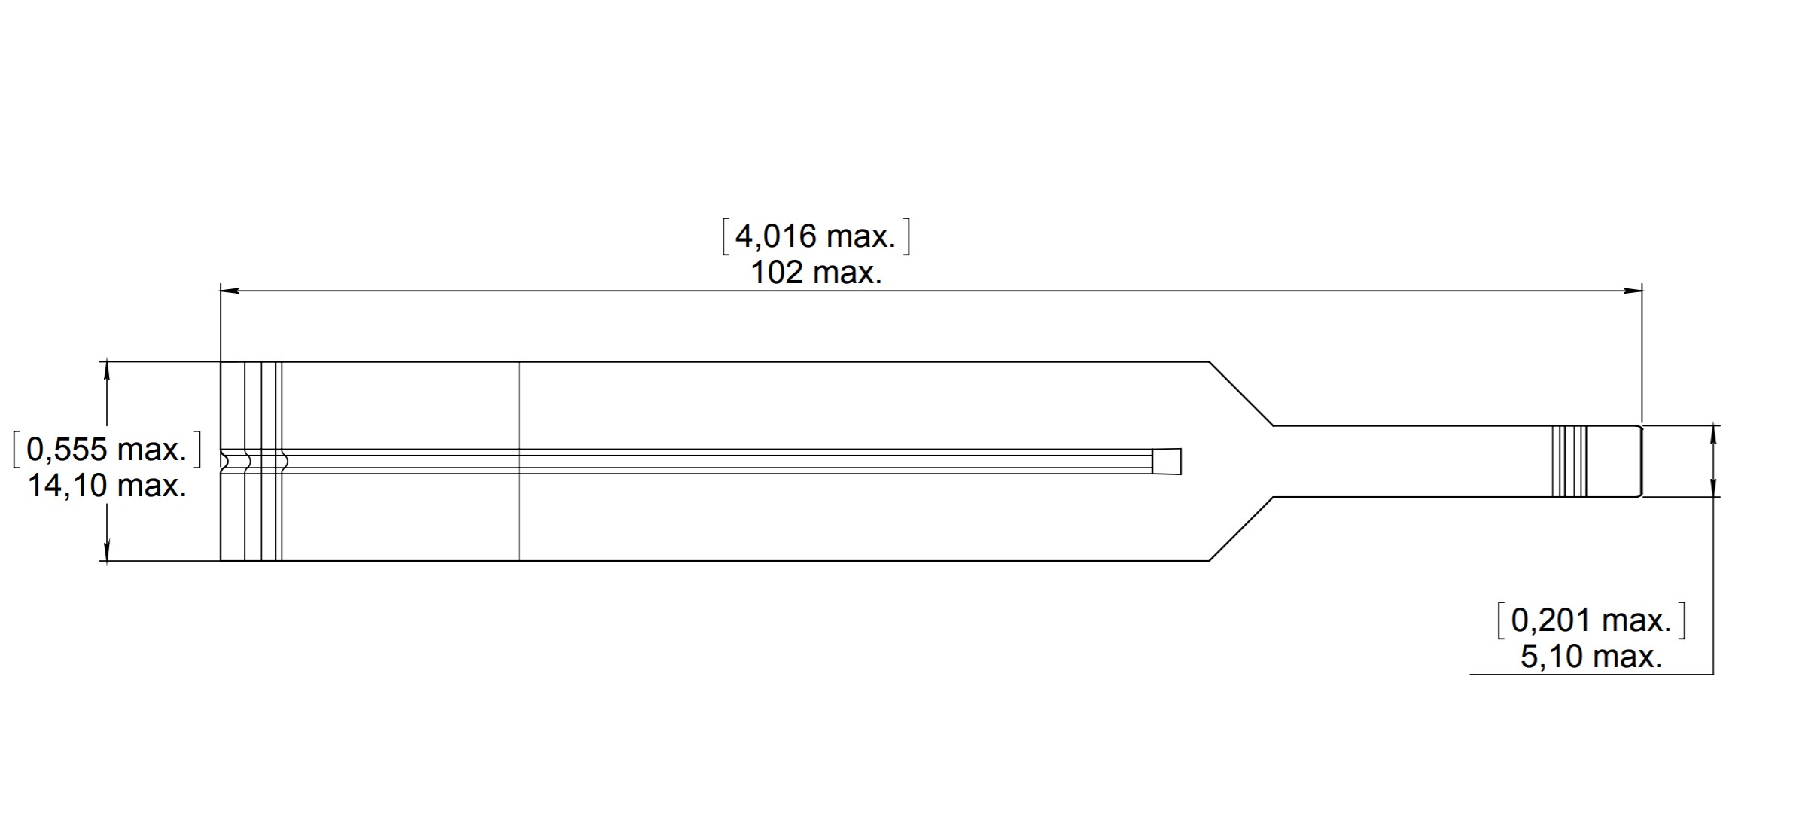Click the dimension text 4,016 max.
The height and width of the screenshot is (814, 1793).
(x=815, y=236)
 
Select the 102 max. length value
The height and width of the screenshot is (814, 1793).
(x=816, y=273)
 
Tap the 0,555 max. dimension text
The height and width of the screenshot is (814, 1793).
(x=106, y=450)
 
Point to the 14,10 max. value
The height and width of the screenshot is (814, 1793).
(x=107, y=486)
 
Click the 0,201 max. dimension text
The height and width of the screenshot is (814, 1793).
(x=1591, y=620)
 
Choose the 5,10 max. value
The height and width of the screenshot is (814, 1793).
(x=1591, y=657)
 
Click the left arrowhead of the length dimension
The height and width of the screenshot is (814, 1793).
(x=229, y=290)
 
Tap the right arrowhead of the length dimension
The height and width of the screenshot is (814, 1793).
(x=1633, y=290)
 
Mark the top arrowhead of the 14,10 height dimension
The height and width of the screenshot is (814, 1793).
(x=107, y=371)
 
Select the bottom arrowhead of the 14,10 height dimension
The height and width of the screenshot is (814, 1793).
(x=107, y=552)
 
